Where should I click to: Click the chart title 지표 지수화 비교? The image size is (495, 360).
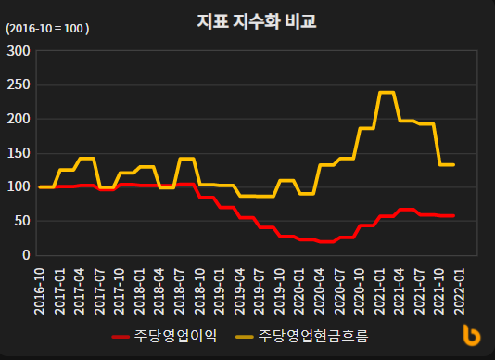(x=257, y=20)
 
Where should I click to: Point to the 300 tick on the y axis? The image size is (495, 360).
(x=19, y=50)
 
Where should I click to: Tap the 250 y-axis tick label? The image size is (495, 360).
(x=19, y=84)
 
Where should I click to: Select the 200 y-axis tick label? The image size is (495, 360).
(x=19, y=119)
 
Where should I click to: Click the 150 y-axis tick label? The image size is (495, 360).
(x=19, y=152)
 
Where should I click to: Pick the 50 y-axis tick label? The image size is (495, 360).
(x=22, y=221)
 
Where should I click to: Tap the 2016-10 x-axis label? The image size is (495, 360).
(x=39, y=287)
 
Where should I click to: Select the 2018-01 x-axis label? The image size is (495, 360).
(x=140, y=287)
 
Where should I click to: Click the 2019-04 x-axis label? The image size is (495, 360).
(x=240, y=287)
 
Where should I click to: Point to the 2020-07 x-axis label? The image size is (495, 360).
(x=341, y=287)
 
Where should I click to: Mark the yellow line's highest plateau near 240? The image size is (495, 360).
(x=387, y=93)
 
